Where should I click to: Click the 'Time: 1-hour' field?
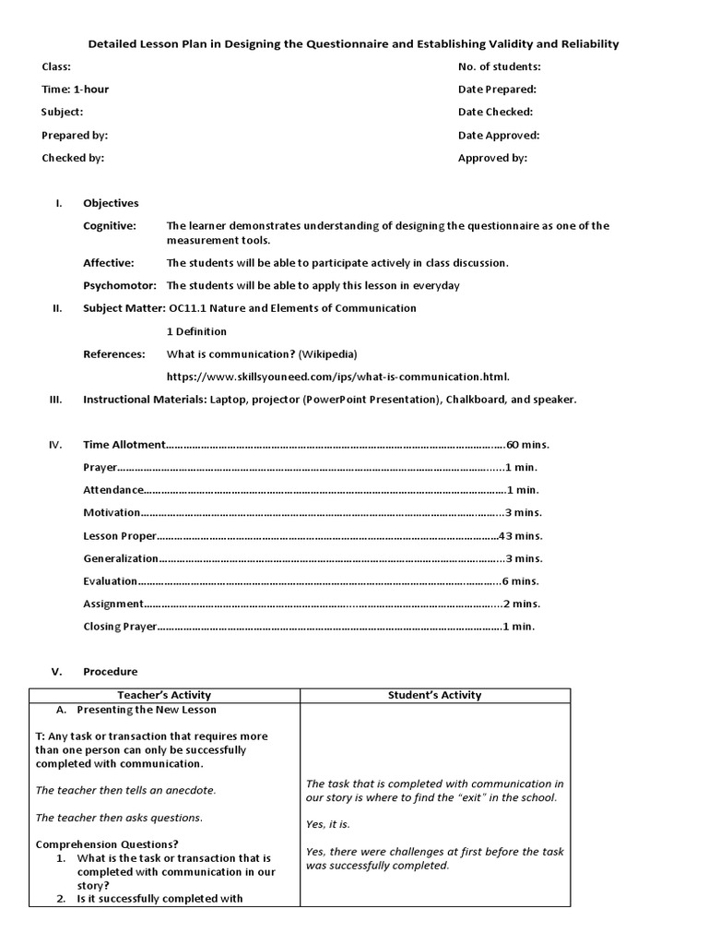click(x=76, y=90)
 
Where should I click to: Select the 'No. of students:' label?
click(x=499, y=66)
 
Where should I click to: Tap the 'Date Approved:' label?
click(x=498, y=135)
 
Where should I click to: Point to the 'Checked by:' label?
click(x=73, y=158)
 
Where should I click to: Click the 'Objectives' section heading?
click(x=111, y=203)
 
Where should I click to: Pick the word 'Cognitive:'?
click(x=110, y=226)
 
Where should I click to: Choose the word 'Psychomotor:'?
click(x=120, y=285)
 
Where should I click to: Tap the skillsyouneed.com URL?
click(x=337, y=377)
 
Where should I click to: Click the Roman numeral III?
click(x=55, y=400)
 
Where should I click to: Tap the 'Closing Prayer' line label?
click(x=120, y=627)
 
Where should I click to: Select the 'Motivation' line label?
click(x=112, y=513)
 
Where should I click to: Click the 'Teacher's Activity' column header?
click(x=164, y=695)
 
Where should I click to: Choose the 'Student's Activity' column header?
click(x=434, y=695)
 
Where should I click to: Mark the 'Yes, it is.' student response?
click(x=328, y=824)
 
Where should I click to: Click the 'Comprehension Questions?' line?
click(x=107, y=844)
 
